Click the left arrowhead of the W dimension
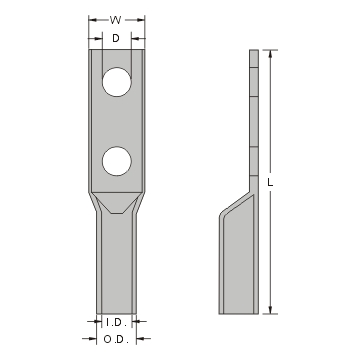tap(92, 19)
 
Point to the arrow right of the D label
tap(130, 38)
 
